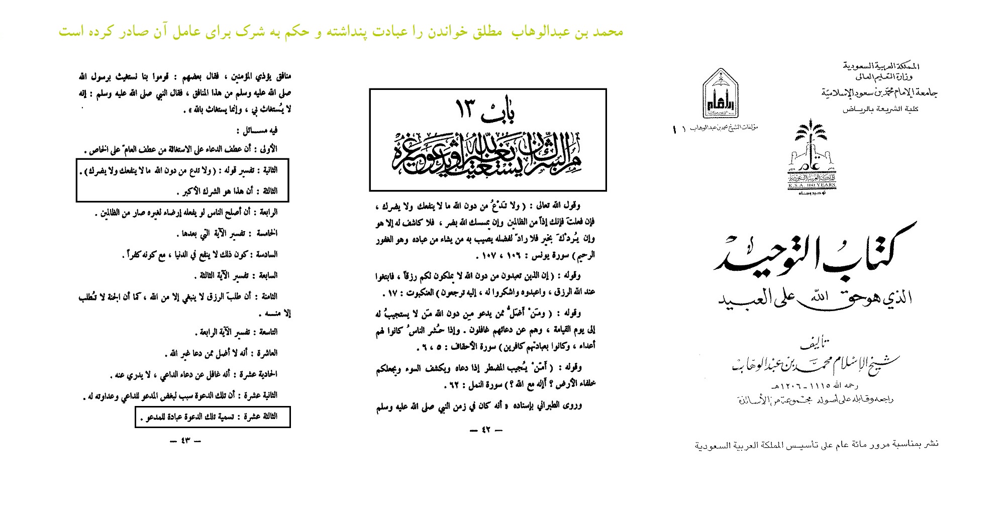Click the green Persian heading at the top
[341, 32]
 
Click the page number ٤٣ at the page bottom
[185, 441]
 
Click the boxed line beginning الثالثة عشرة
[212, 417]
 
